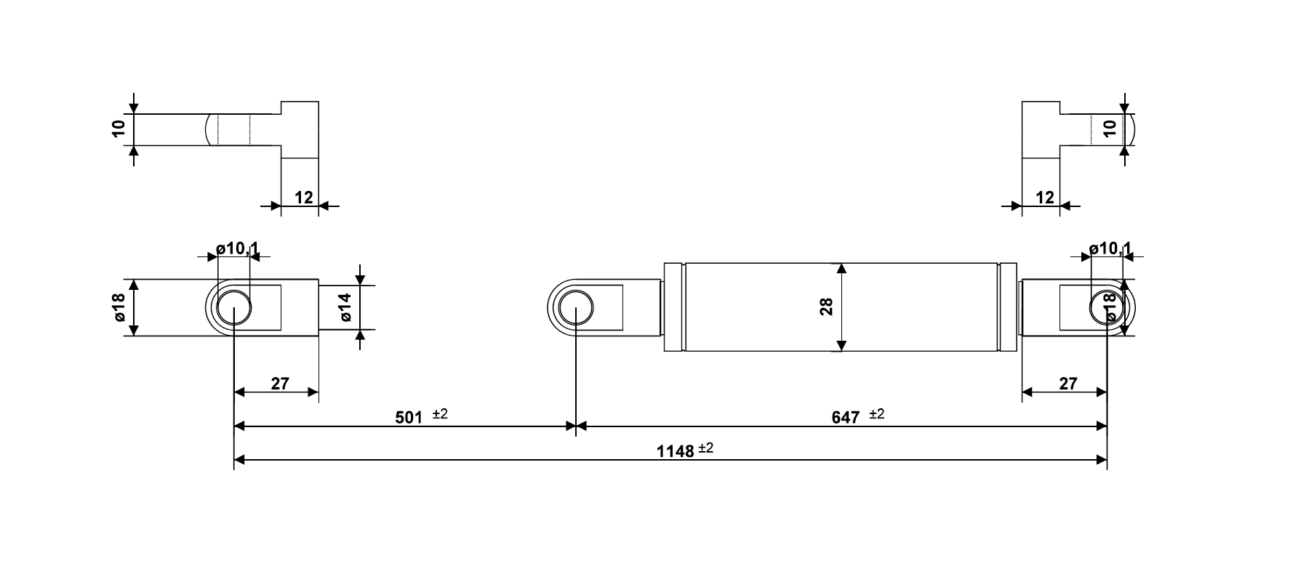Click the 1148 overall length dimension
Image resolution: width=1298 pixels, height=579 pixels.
[675, 451]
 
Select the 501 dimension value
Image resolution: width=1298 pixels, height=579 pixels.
[409, 418]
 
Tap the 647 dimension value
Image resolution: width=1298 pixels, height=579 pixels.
[845, 418]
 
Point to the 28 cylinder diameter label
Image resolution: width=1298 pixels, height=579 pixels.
[826, 307]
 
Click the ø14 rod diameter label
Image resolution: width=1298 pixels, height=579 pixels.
[345, 307]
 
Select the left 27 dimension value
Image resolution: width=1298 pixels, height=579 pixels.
[280, 384]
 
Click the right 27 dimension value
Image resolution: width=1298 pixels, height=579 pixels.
[1067, 384]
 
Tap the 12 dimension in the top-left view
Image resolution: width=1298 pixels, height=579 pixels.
[303, 197]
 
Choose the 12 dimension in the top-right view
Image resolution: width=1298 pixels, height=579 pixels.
[1044, 197]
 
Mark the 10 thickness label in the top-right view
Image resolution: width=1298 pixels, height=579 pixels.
[1110, 129]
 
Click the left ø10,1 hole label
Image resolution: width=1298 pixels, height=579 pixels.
[238, 248]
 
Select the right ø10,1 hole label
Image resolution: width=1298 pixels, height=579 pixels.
[1110, 248]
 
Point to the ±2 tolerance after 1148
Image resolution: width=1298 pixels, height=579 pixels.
[706, 448]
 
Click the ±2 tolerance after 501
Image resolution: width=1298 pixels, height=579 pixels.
[440, 414]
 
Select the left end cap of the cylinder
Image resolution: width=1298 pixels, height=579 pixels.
[674, 307]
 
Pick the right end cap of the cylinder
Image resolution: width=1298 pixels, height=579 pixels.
[1008, 307]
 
